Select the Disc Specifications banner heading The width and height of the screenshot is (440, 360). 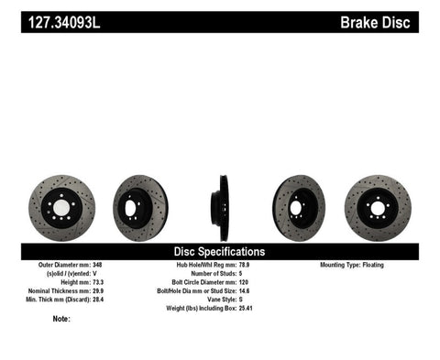tap(220, 251)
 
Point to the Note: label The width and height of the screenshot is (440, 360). tap(61, 319)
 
